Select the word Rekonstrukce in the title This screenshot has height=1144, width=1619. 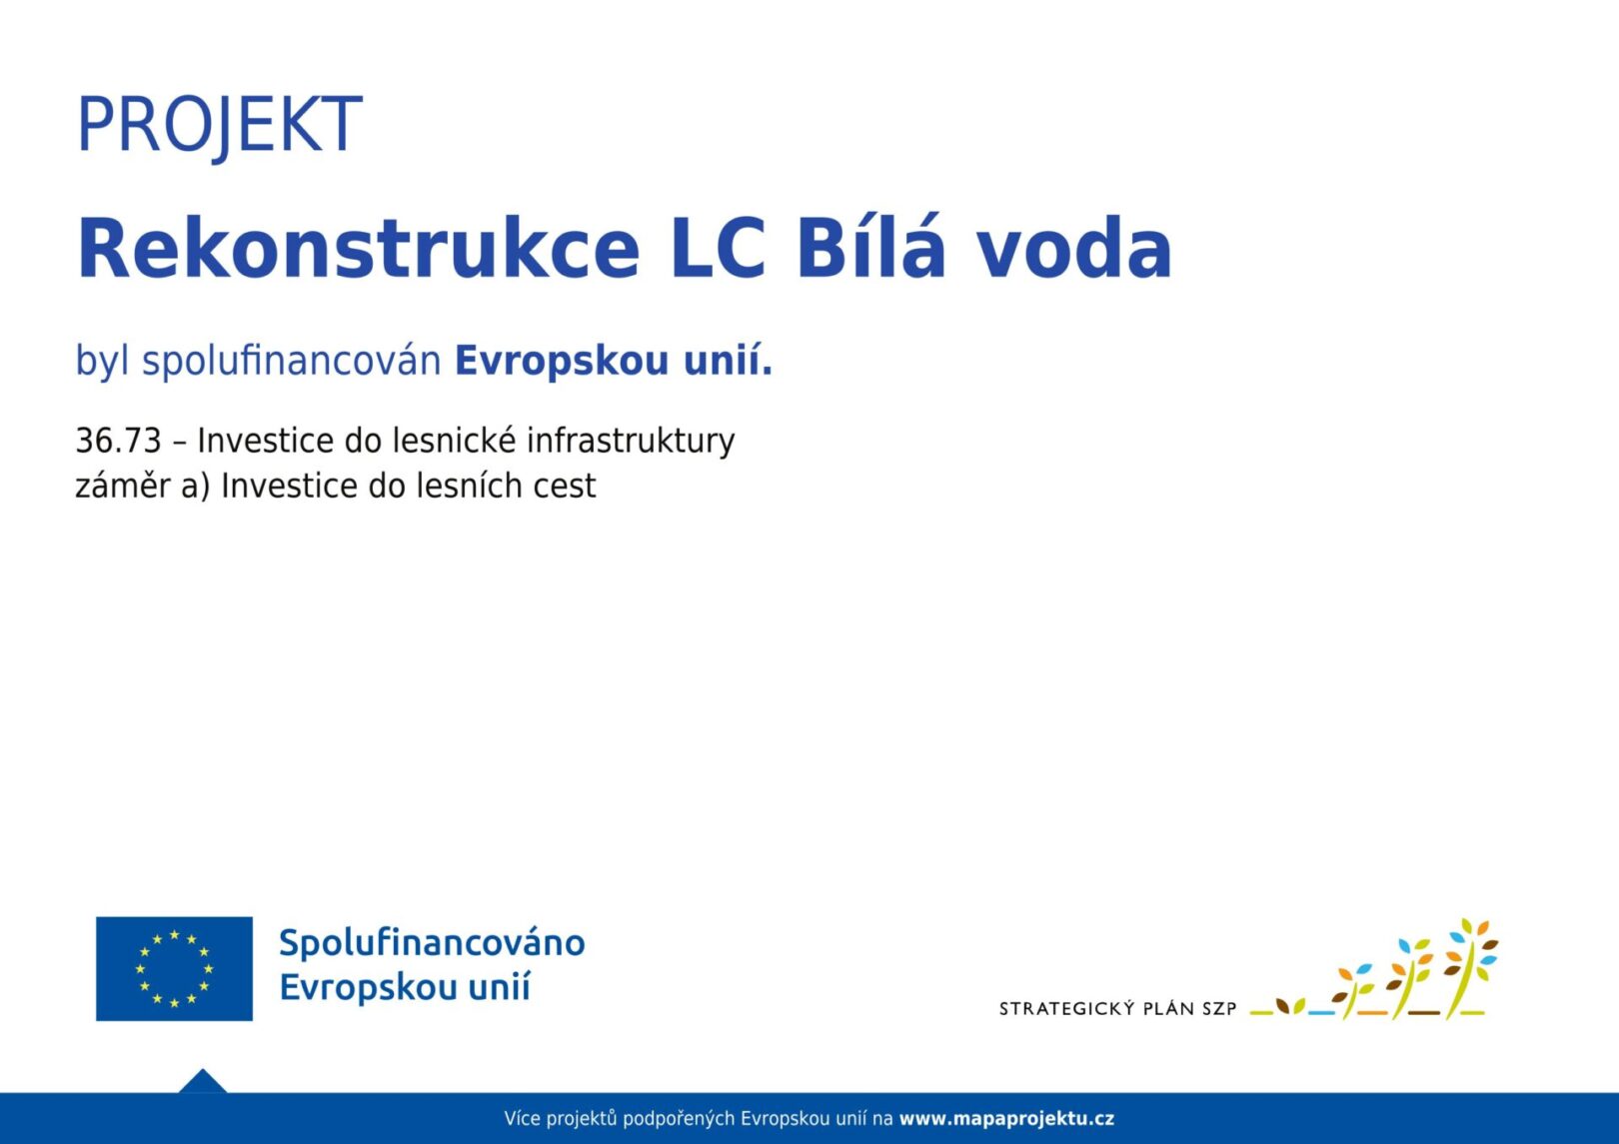pos(359,247)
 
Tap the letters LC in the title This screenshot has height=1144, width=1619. pos(718,247)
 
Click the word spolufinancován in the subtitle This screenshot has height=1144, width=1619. pos(291,361)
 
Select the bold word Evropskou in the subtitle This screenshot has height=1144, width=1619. pos(562,362)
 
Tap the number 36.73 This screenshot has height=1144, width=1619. pos(118,441)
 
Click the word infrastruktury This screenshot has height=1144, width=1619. pos(631,442)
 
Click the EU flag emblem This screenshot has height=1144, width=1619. pos(174,968)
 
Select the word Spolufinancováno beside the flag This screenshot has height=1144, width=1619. pos(432,943)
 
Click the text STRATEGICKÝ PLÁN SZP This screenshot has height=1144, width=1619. pos(1117,1008)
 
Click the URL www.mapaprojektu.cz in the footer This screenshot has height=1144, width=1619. pos(1006,1119)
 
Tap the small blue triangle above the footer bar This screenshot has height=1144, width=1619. pos(202,1081)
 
